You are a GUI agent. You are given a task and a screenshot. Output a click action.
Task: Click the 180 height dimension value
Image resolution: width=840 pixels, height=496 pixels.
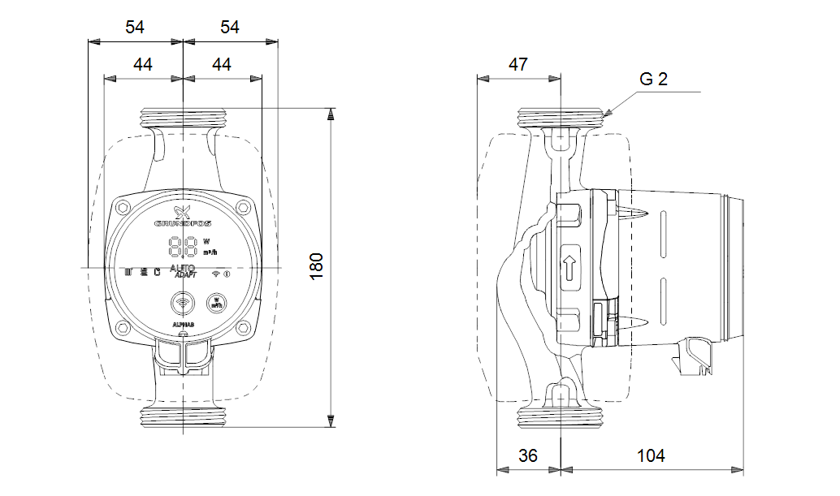pos(317,266)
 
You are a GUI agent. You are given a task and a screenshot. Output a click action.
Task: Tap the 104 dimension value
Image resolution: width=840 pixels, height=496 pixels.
pos(651,456)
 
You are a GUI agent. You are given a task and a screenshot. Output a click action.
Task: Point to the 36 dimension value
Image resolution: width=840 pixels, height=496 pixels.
pos(528,456)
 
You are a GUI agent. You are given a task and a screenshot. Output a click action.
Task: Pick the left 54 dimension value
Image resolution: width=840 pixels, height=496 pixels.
pos(135,27)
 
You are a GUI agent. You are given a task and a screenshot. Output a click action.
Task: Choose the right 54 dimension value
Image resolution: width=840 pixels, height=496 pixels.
pos(230,27)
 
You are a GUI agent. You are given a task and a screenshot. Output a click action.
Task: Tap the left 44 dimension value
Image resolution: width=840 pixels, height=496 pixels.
pos(143,65)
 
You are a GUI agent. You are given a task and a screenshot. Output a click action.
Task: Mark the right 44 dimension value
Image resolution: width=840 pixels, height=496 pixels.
pos(221,65)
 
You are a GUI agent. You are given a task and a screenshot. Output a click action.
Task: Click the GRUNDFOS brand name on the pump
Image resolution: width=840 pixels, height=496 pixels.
pos(184,221)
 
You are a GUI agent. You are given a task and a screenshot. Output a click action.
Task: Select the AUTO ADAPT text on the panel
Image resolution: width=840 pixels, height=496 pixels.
pos(183,271)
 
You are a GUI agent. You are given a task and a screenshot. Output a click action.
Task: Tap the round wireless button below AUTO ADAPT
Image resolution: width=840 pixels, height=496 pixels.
pos(183,304)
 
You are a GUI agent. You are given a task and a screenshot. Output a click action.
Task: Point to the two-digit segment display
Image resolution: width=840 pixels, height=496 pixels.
pos(183,245)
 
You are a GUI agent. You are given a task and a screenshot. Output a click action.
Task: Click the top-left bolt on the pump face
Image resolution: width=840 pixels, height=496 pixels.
pos(124,206)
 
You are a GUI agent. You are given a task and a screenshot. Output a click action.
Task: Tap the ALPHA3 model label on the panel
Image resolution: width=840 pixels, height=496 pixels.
pos(183,324)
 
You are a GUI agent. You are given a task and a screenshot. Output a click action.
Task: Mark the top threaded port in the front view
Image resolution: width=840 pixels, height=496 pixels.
pos(184,116)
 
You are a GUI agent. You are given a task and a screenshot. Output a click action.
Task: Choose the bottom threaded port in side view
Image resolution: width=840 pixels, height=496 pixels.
pos(561,418)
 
